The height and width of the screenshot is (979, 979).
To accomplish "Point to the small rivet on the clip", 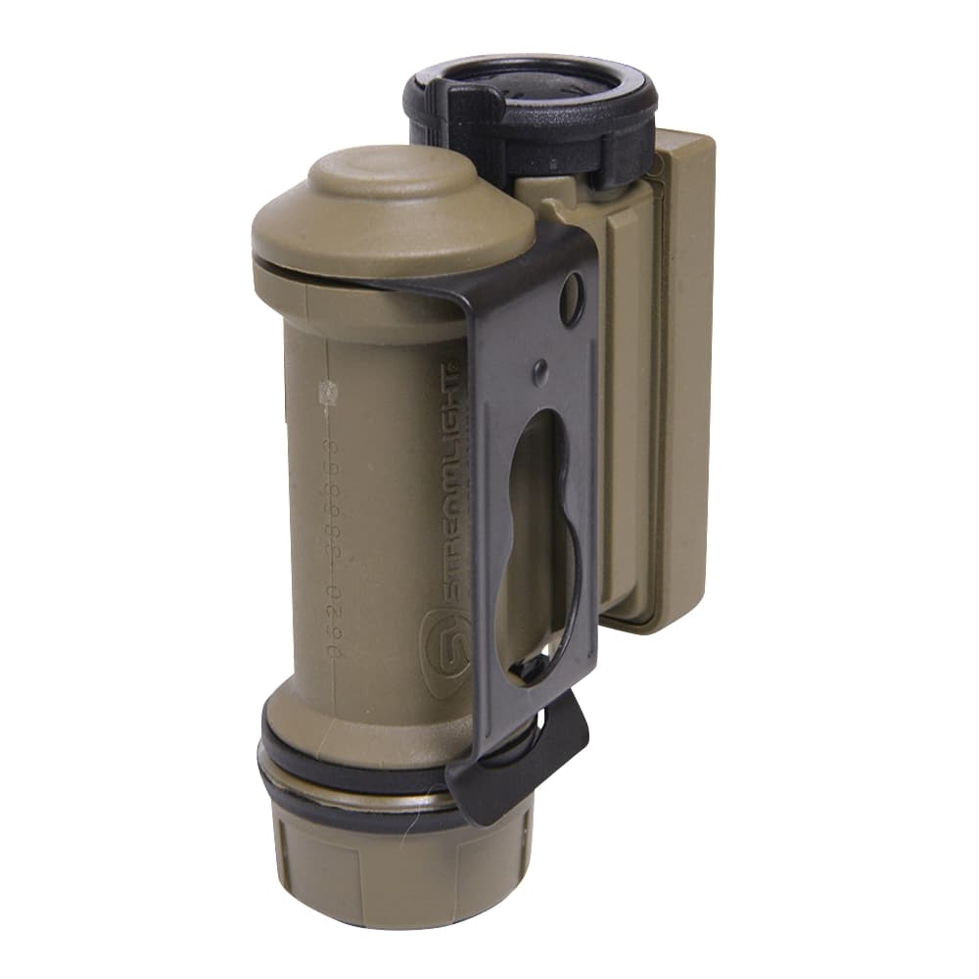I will point(540,372).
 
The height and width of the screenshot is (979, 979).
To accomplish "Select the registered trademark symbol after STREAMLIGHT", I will point(453,365).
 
